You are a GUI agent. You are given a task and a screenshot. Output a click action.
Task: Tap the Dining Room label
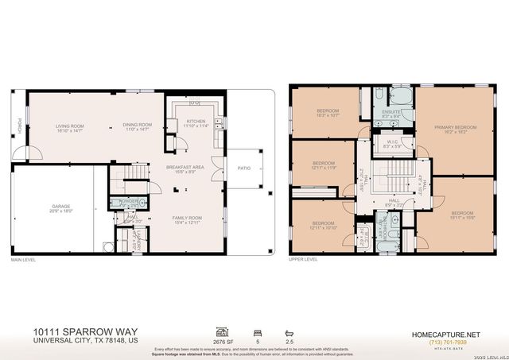coord(137,125)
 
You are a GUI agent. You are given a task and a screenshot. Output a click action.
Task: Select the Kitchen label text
coord(196,122)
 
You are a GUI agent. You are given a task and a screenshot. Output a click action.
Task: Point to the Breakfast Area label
coord(188,167)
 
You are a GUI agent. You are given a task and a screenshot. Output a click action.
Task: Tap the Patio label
coord(244,168)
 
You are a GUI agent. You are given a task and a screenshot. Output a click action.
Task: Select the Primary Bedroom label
coord(455,127)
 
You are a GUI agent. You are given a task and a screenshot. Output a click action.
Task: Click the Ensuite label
coord(392,114)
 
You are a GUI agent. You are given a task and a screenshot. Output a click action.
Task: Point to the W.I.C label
coord(392,143)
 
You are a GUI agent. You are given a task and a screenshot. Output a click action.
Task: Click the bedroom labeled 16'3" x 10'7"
coord(328,110)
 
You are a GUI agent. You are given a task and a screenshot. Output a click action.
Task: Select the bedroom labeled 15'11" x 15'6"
coord(462,214)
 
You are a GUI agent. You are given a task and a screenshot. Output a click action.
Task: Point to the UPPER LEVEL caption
coord(303,259)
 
